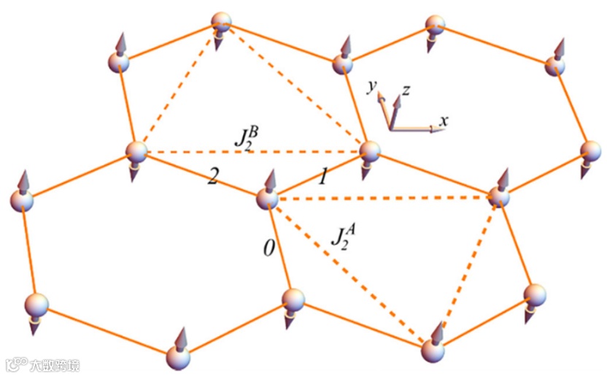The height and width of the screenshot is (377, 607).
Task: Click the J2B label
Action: point(246,138)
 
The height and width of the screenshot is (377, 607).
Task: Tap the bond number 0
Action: point(269,248)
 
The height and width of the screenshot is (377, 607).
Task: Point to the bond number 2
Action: point(212,177)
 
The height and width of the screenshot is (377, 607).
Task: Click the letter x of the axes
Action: point(443,119)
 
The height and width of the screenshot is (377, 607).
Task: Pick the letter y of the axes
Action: point(372,87)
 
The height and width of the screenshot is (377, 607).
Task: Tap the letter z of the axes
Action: point(406,91)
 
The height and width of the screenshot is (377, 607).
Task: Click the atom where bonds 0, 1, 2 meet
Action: point(268,198)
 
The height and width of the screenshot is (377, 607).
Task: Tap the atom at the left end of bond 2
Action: point(136,152)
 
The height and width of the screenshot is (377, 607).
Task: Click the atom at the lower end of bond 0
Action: point(293,300)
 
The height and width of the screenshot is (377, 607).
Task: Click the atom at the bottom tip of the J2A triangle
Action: point(433,350)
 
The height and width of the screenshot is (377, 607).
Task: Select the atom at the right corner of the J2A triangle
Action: point(499,196)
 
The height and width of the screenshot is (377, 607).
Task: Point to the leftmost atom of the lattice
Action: point(22,200)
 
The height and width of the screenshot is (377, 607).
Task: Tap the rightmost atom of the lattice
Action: point(591,153)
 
